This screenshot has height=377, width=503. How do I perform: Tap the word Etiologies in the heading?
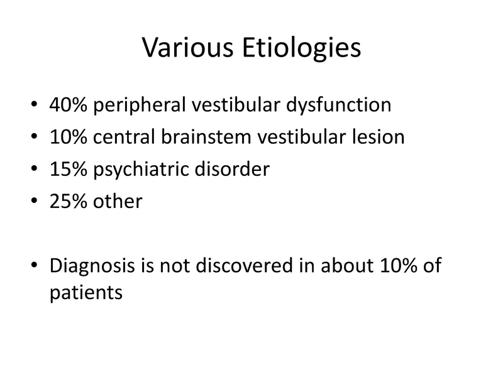(x=300, y=48)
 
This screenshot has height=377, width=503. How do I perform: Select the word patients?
(x=84, y=293)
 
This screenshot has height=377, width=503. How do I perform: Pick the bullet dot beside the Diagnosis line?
(x=33, y=267)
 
